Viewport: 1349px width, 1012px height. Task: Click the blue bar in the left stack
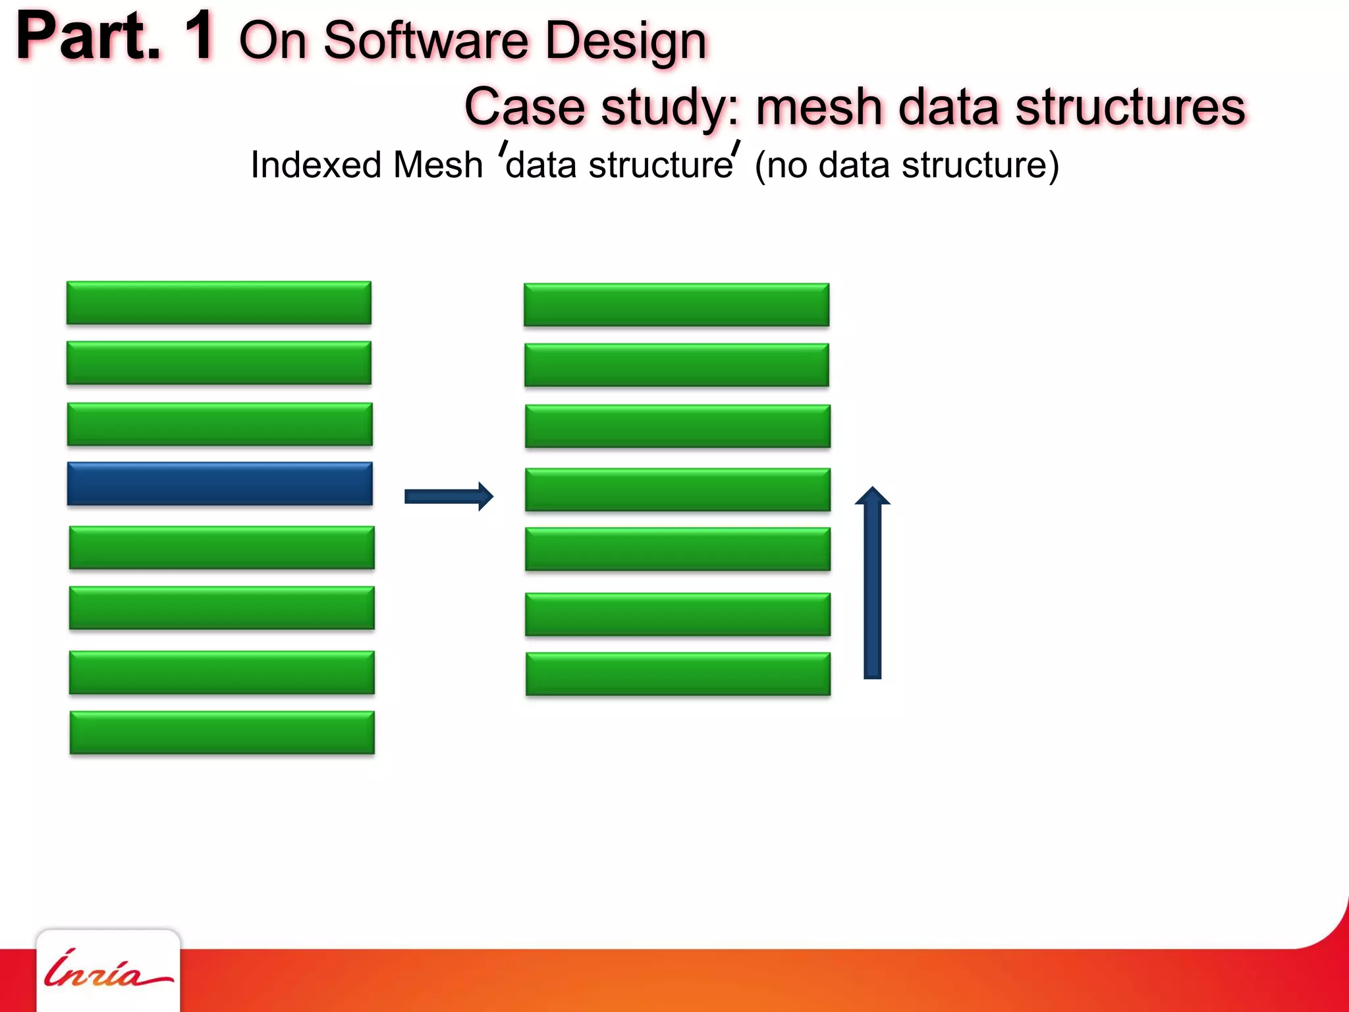pos(219,484)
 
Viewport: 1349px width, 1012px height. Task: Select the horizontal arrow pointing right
pos(448,496)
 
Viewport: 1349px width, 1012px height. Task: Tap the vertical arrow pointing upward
pos(872,583)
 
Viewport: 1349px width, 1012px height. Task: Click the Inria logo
pos(107,970)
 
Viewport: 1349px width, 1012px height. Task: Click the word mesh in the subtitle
pos(819,107)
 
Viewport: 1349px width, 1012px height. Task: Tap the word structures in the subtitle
pos(1130,107)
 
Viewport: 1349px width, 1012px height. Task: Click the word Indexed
pos(316,165)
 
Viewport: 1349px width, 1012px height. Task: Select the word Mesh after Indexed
pos(437,165)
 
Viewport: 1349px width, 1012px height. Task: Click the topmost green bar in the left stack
pos(219,302)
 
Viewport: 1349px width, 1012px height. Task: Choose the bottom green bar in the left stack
pos(222,732)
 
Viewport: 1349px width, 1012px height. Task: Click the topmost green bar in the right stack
pos(676,304)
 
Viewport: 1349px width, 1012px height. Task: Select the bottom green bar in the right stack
pos(678,673)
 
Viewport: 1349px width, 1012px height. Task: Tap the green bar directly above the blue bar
pos(219,424)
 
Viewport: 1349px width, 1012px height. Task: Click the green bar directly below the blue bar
pos(221,547)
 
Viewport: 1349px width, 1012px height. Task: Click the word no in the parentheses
pos(787,165)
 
